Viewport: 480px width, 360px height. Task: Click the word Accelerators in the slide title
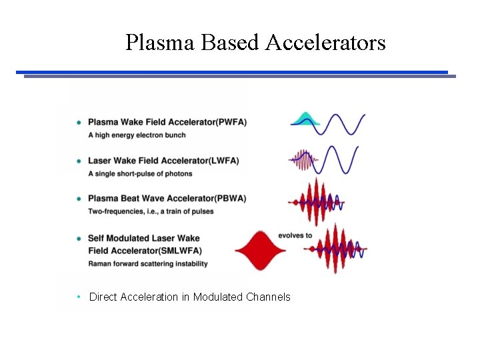325,43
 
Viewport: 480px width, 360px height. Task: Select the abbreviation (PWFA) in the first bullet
227,122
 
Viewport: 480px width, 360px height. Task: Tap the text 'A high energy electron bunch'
137,135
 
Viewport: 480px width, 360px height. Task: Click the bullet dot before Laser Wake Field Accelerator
79,161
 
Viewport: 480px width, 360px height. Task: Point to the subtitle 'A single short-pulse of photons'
140,174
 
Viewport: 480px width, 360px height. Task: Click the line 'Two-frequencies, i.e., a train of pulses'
151,211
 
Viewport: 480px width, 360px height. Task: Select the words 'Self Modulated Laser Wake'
143,238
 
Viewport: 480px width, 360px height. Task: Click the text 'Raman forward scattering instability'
147,263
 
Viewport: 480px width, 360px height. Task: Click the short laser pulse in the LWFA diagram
304,160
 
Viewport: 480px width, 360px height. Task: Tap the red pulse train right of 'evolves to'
337,249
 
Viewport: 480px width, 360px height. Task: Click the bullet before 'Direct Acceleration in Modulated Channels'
79,297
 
